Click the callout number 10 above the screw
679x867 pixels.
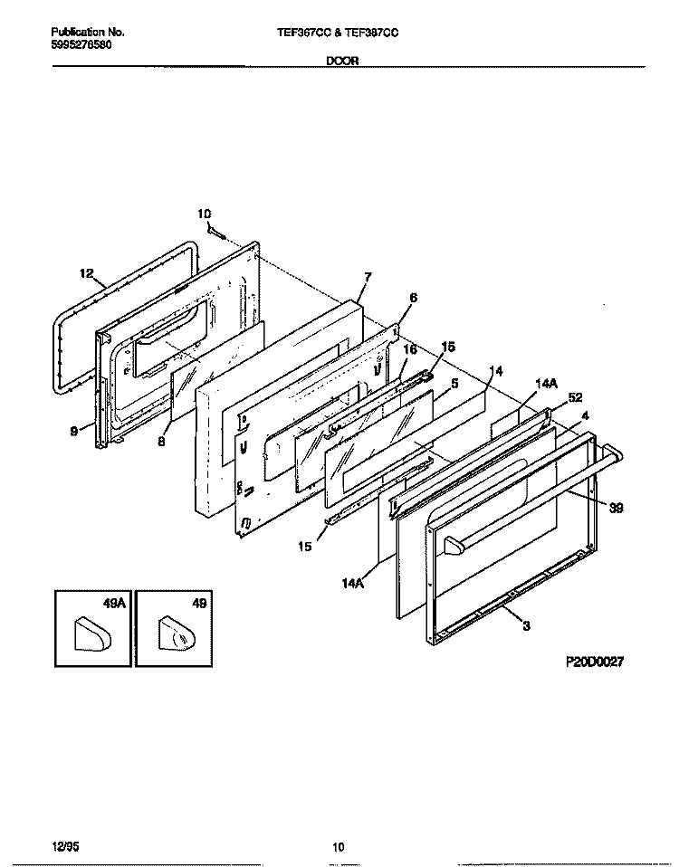tap(205, 214)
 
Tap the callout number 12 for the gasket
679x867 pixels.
tap(86, 272)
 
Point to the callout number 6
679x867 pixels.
tap(413, 298)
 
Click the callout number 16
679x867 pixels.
tap(409, 348)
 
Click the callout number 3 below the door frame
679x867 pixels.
tap(526, 628)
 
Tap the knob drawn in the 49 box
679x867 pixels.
tap(174, 633)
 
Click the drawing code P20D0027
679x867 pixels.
tap(595, 662)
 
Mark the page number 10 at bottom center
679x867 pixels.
tap(339, 847)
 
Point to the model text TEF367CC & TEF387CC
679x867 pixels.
tap(338, 32)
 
